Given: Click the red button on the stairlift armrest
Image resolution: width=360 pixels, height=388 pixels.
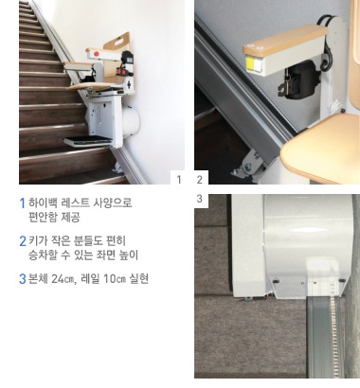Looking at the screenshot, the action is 97,54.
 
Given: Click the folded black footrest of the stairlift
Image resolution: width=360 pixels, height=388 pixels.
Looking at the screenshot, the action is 88,141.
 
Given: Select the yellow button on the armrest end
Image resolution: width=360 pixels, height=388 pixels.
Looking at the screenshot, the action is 249,63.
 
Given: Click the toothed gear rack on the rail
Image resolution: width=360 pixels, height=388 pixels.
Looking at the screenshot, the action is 333,338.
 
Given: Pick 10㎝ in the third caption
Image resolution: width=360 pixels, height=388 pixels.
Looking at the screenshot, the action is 115,279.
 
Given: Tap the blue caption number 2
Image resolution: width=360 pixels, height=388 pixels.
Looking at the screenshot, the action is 23,241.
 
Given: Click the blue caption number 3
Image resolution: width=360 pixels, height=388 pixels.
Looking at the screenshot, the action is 23,279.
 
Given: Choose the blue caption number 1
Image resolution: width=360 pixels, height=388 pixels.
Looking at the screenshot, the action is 23,203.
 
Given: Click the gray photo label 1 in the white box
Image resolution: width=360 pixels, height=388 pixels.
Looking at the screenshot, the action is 179,180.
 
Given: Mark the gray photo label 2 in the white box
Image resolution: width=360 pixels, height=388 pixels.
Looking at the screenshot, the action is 199,180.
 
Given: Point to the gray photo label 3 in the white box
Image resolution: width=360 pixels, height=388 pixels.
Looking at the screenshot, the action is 199,199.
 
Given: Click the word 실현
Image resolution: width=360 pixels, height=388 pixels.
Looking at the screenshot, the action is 139,279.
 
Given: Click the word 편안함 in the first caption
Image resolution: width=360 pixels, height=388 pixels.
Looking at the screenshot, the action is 43,217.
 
